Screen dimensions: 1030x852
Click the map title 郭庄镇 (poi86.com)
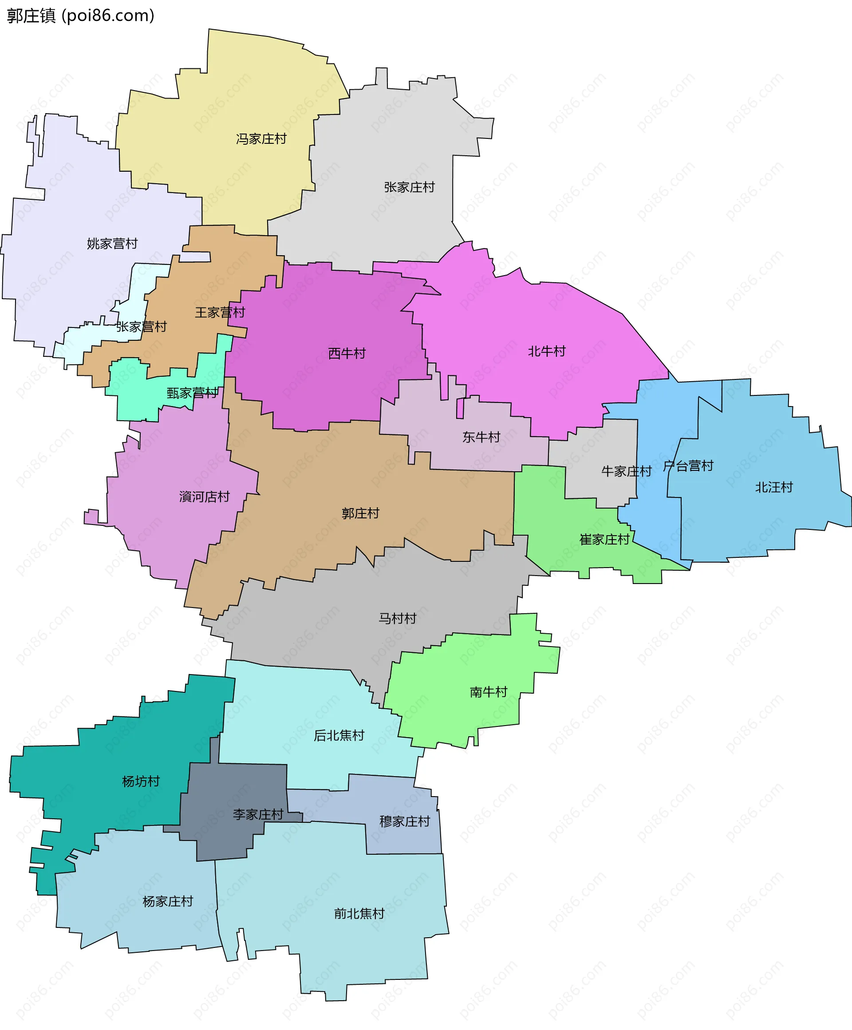click(80, 16)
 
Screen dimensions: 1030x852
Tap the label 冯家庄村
click(261, 139)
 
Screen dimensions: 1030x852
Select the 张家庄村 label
click(409, 187)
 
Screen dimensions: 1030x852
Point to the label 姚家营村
click(112, 243)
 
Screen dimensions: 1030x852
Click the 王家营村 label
click(220, 312)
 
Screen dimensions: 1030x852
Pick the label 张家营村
click(141, 326)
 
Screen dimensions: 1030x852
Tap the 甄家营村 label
click(192, 392)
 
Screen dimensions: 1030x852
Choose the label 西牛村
click(347, 353)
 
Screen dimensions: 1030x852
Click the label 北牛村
click(546, 351)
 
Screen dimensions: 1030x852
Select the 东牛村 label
click(481, 437)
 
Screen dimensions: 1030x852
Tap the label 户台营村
click(688, 466)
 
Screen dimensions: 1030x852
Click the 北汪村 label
click(773, 487)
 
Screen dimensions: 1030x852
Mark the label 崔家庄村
click(604, 540)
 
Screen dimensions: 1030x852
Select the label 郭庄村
click(360, 513)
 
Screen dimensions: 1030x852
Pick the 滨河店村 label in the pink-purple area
click(204, 497)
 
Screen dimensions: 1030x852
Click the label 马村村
click(397, 618)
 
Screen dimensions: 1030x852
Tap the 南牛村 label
click(488, 691)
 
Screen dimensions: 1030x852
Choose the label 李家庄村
click(258, 814)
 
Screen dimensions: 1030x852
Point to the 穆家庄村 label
click(405, 821)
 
